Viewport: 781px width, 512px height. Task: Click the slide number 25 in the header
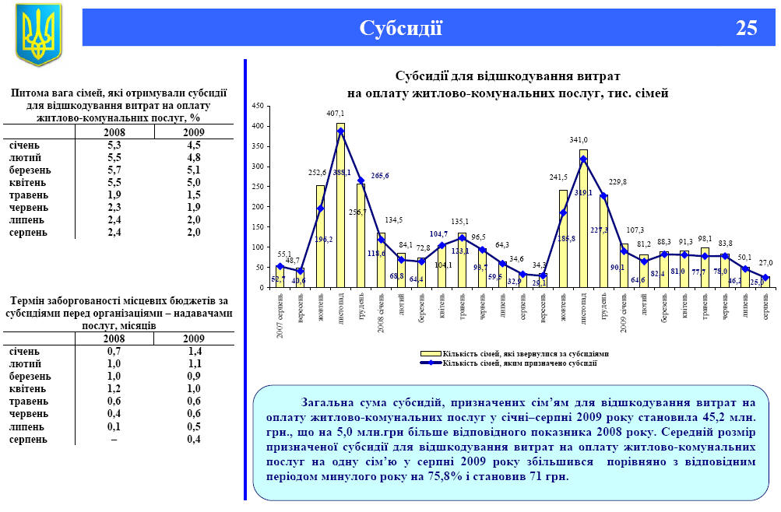[746, 28]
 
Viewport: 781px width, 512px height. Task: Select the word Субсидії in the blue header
[401, 28]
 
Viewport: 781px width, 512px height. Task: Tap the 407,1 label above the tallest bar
[336, 114]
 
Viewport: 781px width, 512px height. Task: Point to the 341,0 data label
[579, 140]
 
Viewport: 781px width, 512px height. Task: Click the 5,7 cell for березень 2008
[114, 170]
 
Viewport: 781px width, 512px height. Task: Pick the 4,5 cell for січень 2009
[193, 145]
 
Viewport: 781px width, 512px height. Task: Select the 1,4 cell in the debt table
[193, 352]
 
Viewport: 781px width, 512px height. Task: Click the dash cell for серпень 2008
[114, 439]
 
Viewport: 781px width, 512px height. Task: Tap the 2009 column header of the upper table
[193, 132]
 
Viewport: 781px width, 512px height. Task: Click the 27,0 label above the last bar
[765, 263]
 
